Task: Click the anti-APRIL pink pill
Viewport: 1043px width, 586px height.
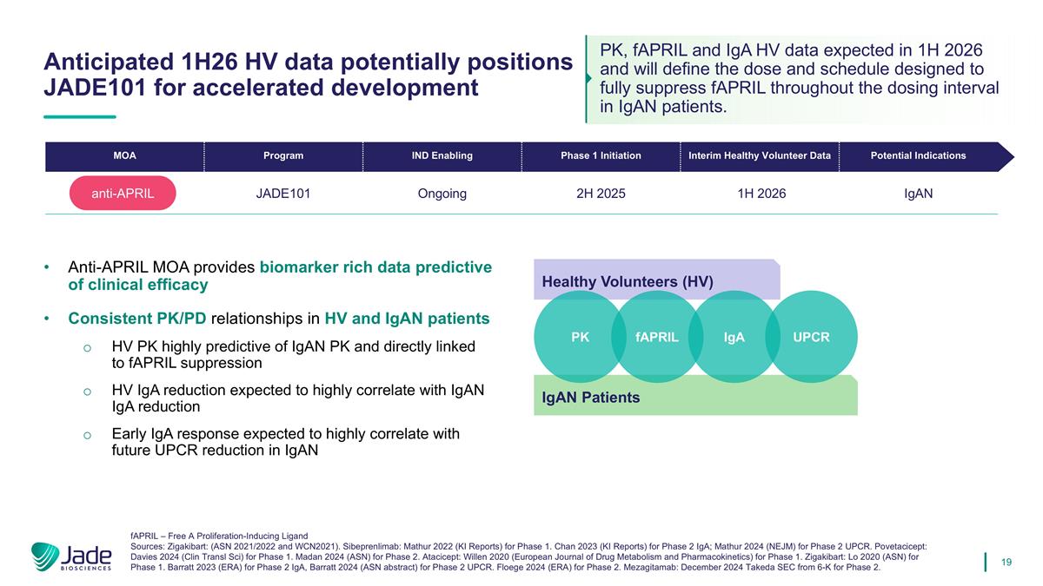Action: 123,194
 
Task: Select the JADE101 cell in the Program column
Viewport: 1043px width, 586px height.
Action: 283,194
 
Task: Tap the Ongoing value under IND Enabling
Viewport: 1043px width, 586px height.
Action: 442,194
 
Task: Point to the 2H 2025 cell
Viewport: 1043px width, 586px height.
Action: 601,194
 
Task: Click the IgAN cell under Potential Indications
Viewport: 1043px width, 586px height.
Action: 918,194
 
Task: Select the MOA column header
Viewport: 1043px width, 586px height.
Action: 124,156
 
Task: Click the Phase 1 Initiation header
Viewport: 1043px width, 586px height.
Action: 601,156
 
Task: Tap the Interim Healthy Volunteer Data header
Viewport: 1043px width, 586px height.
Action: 760,156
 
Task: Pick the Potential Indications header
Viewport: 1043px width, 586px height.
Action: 918,156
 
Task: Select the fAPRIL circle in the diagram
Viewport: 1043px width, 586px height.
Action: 656,337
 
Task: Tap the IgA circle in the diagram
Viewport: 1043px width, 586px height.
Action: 734,337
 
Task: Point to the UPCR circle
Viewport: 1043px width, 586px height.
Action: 812,337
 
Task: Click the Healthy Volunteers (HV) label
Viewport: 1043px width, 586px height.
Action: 628,282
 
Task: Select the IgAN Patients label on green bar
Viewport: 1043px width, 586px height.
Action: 591,398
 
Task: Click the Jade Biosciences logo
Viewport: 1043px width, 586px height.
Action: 71,556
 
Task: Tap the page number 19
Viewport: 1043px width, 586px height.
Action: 1006,563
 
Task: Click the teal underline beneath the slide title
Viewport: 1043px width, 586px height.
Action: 79,116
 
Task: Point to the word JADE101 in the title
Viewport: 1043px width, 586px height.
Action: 96,88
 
